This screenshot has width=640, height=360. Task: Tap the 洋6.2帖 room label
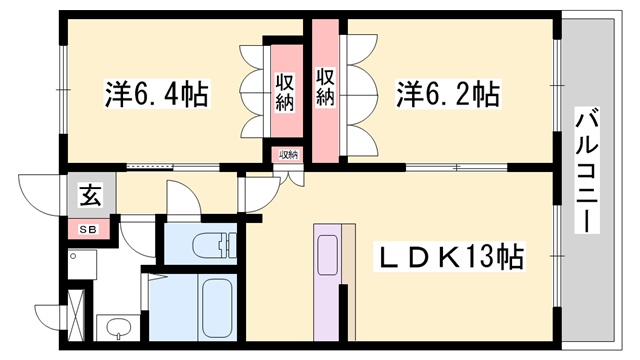tap(447, 95)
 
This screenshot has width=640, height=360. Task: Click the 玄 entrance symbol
tap(90, 196)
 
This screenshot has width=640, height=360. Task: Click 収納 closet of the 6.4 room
tap(284, 92)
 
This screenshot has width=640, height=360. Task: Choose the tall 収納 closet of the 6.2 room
tap(326, 88)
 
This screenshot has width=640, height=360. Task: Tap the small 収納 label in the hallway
tap(288, 155)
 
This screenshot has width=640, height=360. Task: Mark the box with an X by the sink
tap(76, 312)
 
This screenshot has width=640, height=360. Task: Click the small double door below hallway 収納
tap(288, 176)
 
